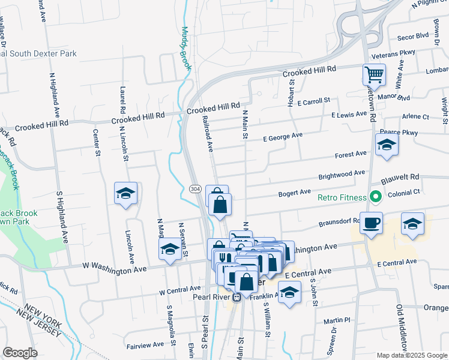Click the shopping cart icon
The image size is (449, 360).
[374, 75]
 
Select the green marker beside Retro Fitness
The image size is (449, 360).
[376, 196]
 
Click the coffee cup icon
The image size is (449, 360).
[370, 223]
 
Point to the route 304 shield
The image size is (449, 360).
[195, 189]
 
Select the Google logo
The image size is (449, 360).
[20, 353]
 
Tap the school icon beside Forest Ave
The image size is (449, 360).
[387, 145]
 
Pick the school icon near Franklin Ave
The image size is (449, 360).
[290, 293]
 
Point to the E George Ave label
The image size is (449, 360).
[283, 137]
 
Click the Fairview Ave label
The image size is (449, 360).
[145, 345]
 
